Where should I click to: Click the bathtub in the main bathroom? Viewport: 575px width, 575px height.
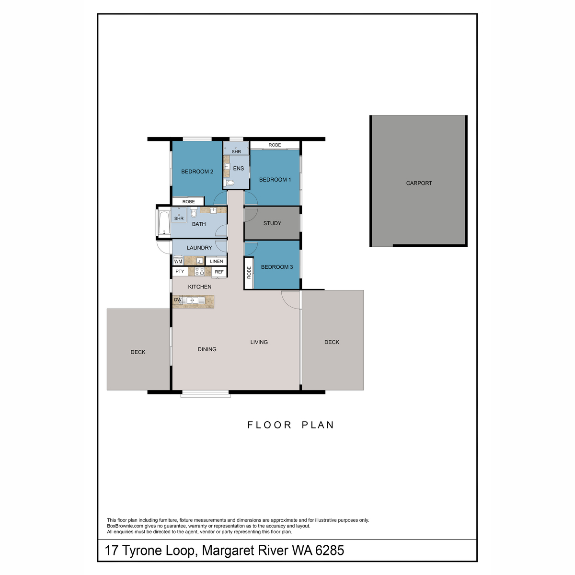click(x=163, y=222)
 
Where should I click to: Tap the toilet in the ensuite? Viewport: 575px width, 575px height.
click(x=230, y=183)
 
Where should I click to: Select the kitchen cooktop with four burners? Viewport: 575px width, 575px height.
click(x=199, y=272)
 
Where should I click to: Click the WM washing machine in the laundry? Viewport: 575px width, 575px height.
click(x=178, y=261)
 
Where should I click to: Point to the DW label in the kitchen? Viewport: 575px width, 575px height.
click(x=177, y=300)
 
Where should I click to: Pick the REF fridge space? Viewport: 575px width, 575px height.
click(x=219, y=272)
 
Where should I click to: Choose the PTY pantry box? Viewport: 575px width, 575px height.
click(x=180, y=271)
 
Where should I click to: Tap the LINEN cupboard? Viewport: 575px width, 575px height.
click(x=216, y=261)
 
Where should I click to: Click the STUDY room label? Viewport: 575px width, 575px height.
click(x=272, y=223)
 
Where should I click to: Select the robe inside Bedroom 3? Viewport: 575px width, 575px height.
click(x=249, y=273)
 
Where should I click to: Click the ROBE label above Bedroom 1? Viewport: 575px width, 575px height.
click(x=275, y=145)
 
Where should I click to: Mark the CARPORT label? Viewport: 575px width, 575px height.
click(x=419, y=183)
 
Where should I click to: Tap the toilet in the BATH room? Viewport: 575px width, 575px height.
click(x=194, y=212)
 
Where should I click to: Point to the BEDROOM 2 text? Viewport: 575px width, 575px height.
click(x=197, y=172)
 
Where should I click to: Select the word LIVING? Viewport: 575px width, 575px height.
click(x=259, y=342)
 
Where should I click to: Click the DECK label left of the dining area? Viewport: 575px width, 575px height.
click(x=138, y=352)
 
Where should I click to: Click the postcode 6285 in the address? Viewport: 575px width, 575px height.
click(x=329, y=550)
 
